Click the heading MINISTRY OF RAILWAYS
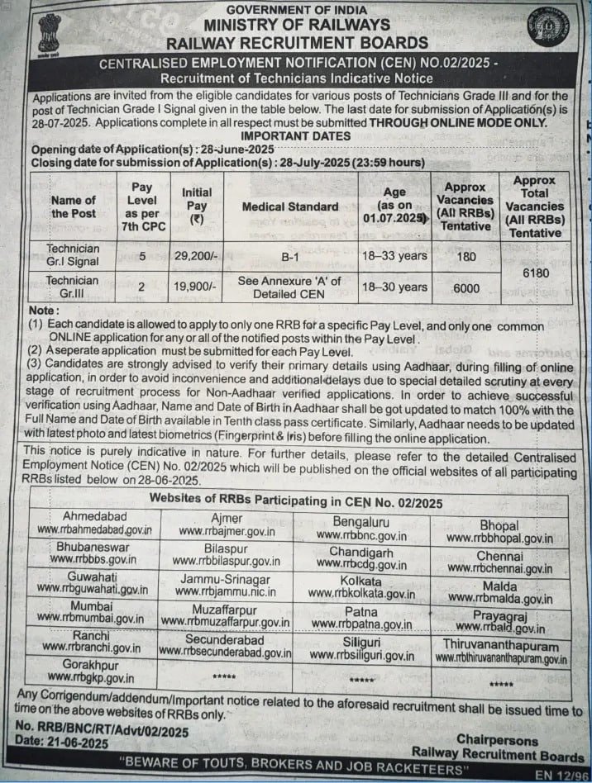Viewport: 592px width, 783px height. tap(297, 26)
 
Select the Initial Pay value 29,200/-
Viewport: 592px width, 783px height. tap(197, 256)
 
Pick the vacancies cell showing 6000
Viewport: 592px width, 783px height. tap(468, 287)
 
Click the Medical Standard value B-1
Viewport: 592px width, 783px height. tap(289, 256)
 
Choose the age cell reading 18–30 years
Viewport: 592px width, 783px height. tap(394, 287)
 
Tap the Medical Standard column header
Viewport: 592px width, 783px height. tap(289, 206)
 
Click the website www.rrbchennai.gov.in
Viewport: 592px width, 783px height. tap(499, 569)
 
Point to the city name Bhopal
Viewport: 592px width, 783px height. tap(499, 525)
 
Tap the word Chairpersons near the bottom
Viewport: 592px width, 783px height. tap(497, 741)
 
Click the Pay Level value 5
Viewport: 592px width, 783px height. tap(142, 256)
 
